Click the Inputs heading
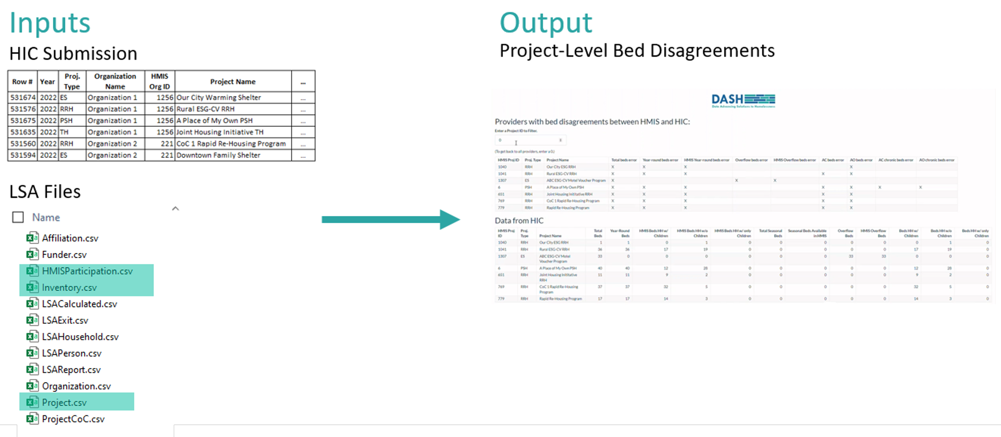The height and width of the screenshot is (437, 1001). pyautogui.click(x=50, y=23)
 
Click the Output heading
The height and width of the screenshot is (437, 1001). pyautogui.click(x=545, y=23)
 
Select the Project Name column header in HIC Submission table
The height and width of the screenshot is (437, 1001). pyautogui.click(x=233, y=82)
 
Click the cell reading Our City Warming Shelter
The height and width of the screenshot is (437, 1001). pyautogui.click(x=219, y=98)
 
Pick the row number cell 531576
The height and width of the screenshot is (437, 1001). pyautogui.click(x=23, y=109)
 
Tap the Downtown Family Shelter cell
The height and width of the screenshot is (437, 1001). pyautogui.click(x=218, y=155)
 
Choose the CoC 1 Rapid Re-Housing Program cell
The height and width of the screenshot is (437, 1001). pyautogui.click(x=231, y=144)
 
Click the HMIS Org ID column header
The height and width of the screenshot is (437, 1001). pyautogui.click(x=159, y=81)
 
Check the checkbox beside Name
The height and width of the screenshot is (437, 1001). pyautogui.click(x=18, y=217)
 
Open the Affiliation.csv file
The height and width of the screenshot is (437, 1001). pyautogui.click(x=70, y=238)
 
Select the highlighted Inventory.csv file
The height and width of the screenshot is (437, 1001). pyautogui.click(x=69, y=288)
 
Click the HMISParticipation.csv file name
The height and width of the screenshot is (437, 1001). pyautogui.click(x=87, y=271)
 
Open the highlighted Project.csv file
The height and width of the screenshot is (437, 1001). pyautogui.click(x=64, y=403)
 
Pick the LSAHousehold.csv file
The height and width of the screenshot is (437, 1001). pyautogui.click(x=80, y=337)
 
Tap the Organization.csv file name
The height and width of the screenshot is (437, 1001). pyautogui.click(x=76, y=386)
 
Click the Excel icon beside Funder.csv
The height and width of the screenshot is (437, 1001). pyautogui.click(x=32, y=255)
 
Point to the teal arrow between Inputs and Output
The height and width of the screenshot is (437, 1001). pyautogui.click(x=390, y=220)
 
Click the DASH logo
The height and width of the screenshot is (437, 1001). pyautogui.click(x=743, y=100)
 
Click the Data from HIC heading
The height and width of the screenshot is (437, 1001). pyautogui.click(x=519, y=221)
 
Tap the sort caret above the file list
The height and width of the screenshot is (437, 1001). pyautogui.click(x=175, y=209)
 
